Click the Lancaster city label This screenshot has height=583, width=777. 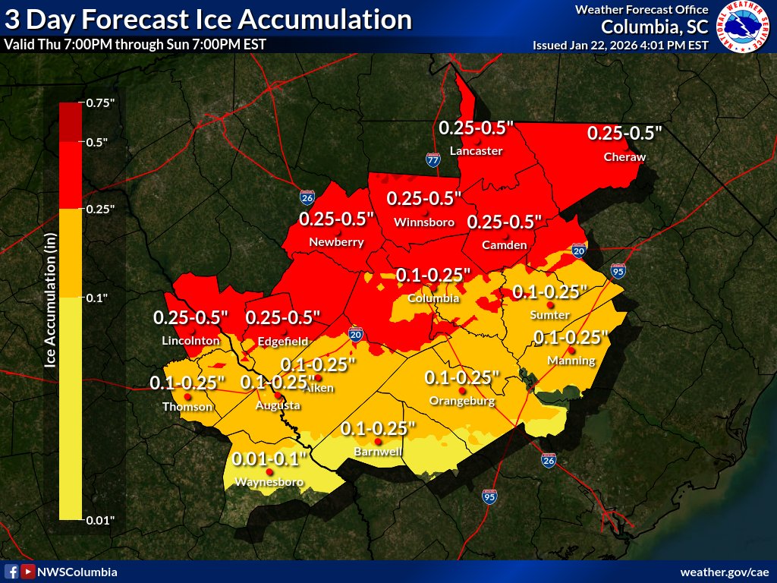pyautogui.click(x=476, y=151)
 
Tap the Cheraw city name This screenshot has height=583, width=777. pyautogui.click(x=624, y=157)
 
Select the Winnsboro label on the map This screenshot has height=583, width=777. pyautogui.click(x=424, y=222)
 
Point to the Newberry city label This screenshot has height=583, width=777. pyautogui.click(x=336, y=242)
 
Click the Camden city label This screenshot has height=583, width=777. pyautogui.click(x=505, y=245)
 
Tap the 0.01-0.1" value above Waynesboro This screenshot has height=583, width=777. pyautogui.click(x=269, y=459)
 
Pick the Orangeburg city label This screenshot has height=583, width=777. pyautogui.click(x=462, y=401)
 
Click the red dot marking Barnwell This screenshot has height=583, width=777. pyautogui.click(x=378, y=442)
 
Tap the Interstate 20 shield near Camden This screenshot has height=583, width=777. pyautogui.click(x=579, y=251)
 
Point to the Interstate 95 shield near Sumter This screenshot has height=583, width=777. pyautogui.click(x=618, y=271)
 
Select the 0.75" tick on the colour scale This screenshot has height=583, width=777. pyautogui.click(x=101, y=102)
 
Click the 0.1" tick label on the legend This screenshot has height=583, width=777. pyautogui.click(x=96, y=298)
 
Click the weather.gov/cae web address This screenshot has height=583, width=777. pyautogui.click(x=725, y=572)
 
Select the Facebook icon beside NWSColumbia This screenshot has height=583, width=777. pyautogui.click(x=11, y=572)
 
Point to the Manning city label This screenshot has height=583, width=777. pyautogui.click(x=571, y=361)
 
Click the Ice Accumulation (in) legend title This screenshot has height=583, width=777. pyautogui.click(x=51, y=311)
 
